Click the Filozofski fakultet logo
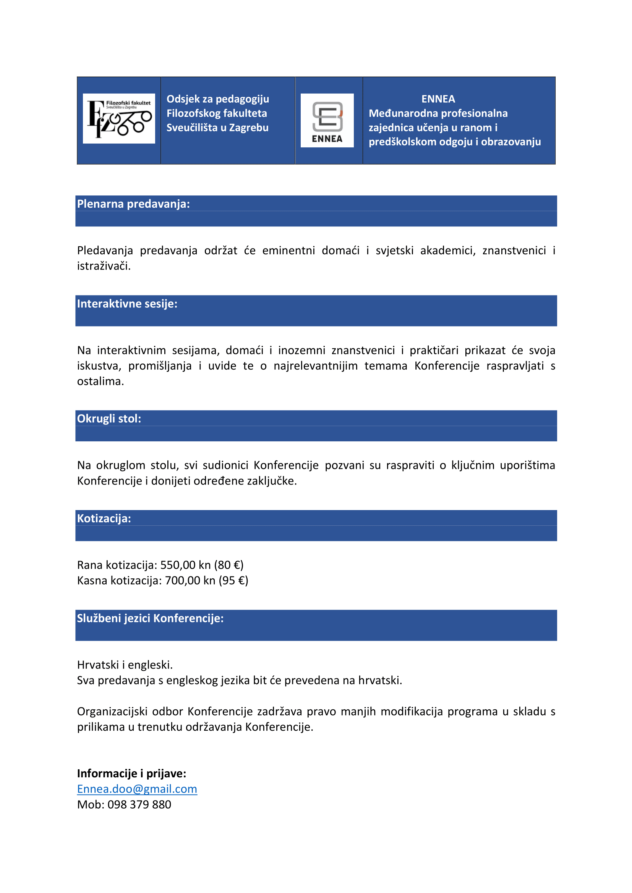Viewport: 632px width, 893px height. coord(119,118)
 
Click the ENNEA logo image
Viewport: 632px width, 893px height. coord(327,120)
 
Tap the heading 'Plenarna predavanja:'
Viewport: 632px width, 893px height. coord(133,204)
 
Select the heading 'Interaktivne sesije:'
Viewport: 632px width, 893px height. coord(127,304)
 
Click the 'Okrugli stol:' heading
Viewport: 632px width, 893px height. coord(109,418)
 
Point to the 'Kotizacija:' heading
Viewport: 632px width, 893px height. coord(104,518)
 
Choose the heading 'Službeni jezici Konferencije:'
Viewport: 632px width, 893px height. coord(150,618)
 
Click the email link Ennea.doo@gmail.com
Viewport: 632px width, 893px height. coord(137,789)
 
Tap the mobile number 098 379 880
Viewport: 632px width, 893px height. coord(139,804)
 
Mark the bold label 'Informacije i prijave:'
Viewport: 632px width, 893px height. coord(131,773)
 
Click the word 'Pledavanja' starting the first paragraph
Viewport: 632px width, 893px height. coord(105,250)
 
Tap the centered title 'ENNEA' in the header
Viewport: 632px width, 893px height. coord(438,99)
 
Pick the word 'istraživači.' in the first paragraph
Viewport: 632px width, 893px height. coord(104,266)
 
